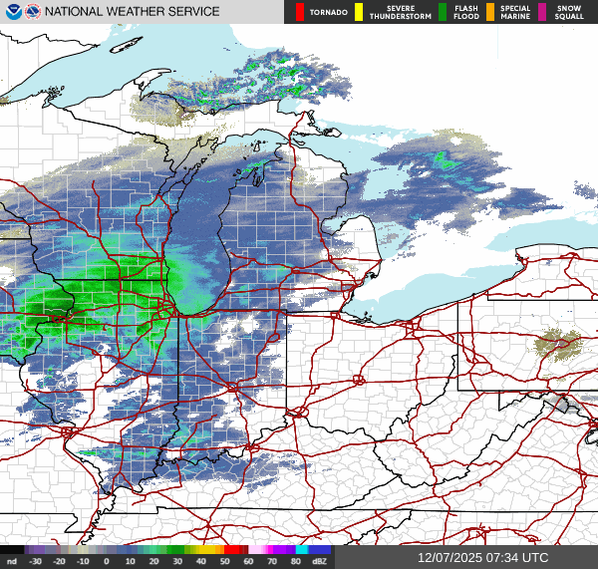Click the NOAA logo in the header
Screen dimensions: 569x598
point(12,12)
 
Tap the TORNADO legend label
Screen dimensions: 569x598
point(328,12)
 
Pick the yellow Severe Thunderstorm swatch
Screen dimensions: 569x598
point(359,12)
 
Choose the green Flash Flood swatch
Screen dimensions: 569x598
point(442,12)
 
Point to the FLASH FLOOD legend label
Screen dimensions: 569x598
point(466,12)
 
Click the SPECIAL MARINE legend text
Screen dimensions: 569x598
point(516,12)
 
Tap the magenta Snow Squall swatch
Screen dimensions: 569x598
point(542,12)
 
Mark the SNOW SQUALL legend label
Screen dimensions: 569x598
point(569,12)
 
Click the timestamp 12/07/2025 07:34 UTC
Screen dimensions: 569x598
point(482,558)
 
